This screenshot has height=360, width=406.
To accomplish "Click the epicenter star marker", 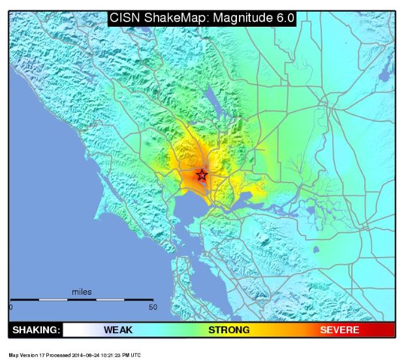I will tap(202, 175).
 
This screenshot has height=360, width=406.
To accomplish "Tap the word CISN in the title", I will tap(125, 18).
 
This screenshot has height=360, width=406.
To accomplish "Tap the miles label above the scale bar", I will tap(82, 292).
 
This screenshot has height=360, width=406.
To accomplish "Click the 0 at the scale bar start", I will tap(11, 307).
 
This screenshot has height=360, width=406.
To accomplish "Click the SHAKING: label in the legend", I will tap(36, 330).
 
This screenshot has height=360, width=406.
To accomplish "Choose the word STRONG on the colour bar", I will tap(228, 330).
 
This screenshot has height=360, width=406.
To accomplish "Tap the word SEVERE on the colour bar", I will tap(339, 330).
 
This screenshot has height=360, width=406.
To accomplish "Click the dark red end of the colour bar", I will tap(390, 330).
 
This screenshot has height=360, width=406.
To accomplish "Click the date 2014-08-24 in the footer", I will tap(92, 355).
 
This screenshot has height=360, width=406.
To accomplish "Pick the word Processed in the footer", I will tap(54, 355).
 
